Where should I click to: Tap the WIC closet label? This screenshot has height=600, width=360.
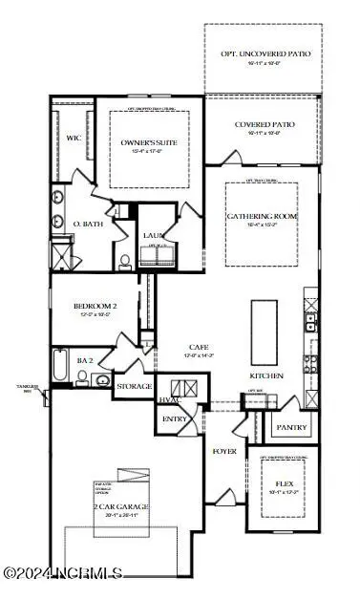[74, 139]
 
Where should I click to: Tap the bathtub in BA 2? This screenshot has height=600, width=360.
[59, 369]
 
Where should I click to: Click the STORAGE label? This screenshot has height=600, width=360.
[133, 387]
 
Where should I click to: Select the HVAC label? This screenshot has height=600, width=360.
[167, 399]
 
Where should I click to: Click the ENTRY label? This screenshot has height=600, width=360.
[176, 418]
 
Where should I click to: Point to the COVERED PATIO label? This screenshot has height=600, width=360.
[264, 125]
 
